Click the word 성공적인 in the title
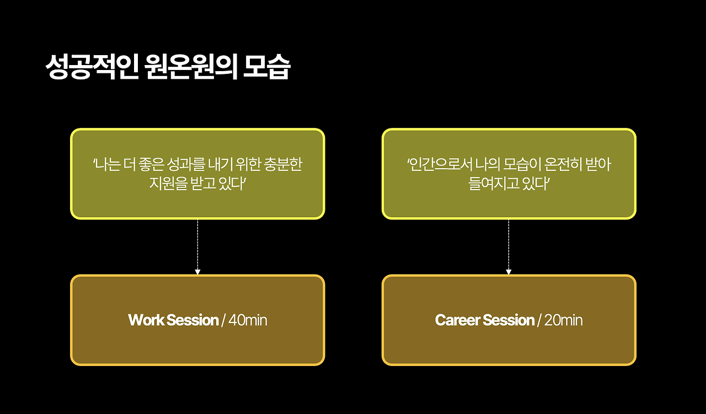point(91,67)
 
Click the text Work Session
point(173,320)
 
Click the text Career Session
point(485,320)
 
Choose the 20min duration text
point(563,320)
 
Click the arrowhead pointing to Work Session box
point(197,271)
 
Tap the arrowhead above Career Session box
point(509,271)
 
